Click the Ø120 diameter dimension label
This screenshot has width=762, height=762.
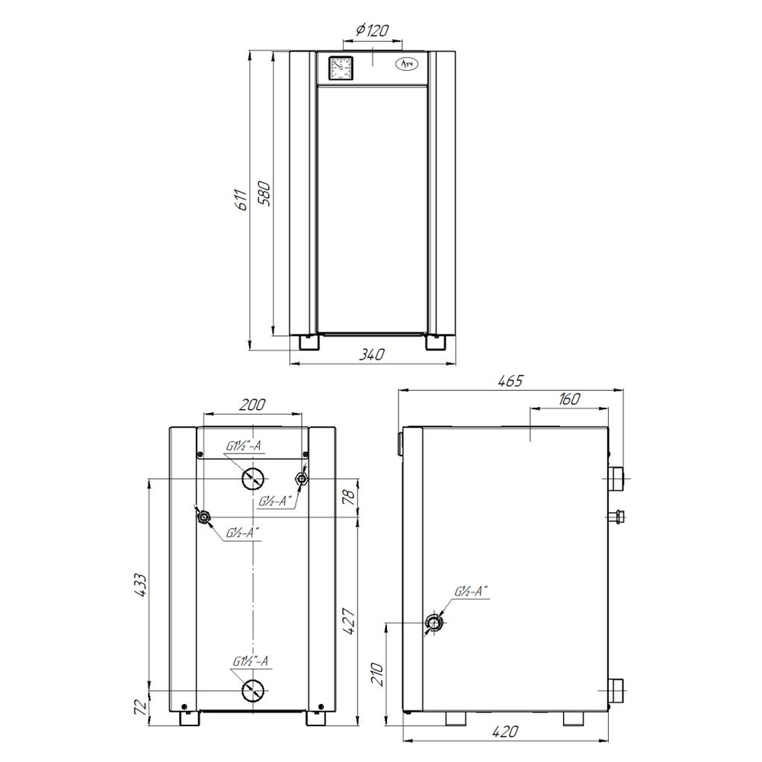(x=373, y=31)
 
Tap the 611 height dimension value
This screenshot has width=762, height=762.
(x=242, y=199)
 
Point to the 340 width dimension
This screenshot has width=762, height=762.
(x=372, y=354)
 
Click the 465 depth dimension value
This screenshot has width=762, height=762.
(x=510, y=380)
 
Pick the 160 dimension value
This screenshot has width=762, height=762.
(x=569, y=399)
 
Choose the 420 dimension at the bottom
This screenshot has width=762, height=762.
(x=505, y=731)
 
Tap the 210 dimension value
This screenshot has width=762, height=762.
(x=378, y=674)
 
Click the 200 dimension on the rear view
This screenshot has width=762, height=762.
(x=253, y=405)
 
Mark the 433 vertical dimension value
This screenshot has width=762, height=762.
(x=140, y=585)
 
